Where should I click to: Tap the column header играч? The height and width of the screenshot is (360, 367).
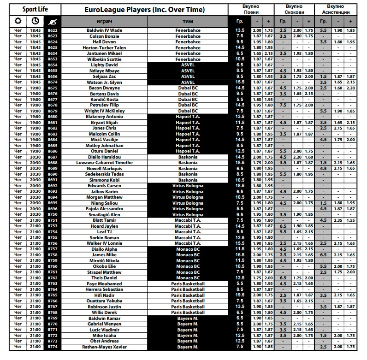(x=104, y=22)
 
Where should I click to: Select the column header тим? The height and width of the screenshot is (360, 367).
(x=188, y=22)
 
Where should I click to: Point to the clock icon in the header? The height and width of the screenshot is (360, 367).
(x=35, y=21)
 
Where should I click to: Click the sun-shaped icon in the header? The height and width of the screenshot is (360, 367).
(x=18, y=21)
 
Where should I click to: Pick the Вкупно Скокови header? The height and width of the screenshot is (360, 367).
(x=294, y=9)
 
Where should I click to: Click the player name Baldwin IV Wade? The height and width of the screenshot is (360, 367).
(x=105, y=30)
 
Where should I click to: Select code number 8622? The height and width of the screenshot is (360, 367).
(x=52, y=30)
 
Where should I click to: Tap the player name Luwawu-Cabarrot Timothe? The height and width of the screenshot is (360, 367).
(x=105, y=163)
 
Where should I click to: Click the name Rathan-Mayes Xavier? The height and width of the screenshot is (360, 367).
(x=105, y=347)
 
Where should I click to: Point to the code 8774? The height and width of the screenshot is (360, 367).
(x=52, y=347)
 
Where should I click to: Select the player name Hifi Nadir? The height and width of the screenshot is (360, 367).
(x=105, y=295)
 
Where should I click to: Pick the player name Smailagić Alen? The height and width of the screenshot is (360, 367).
(x=105, y=214)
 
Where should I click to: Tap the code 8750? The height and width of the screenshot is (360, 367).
(x=52, y=214)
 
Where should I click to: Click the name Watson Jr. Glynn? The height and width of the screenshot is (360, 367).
(x=105, y=82)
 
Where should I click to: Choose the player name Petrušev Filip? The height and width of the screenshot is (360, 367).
(x=105, y=105)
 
